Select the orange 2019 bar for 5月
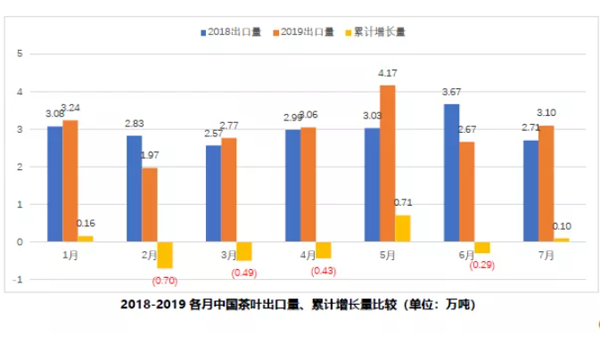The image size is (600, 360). (x=387, y=163)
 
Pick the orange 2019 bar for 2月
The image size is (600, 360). (x=149, y=204)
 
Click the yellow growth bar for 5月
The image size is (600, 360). (x=402, y=228)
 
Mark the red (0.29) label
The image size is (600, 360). (x=483, y=265)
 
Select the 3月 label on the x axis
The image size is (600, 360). (x=228, y=254)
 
